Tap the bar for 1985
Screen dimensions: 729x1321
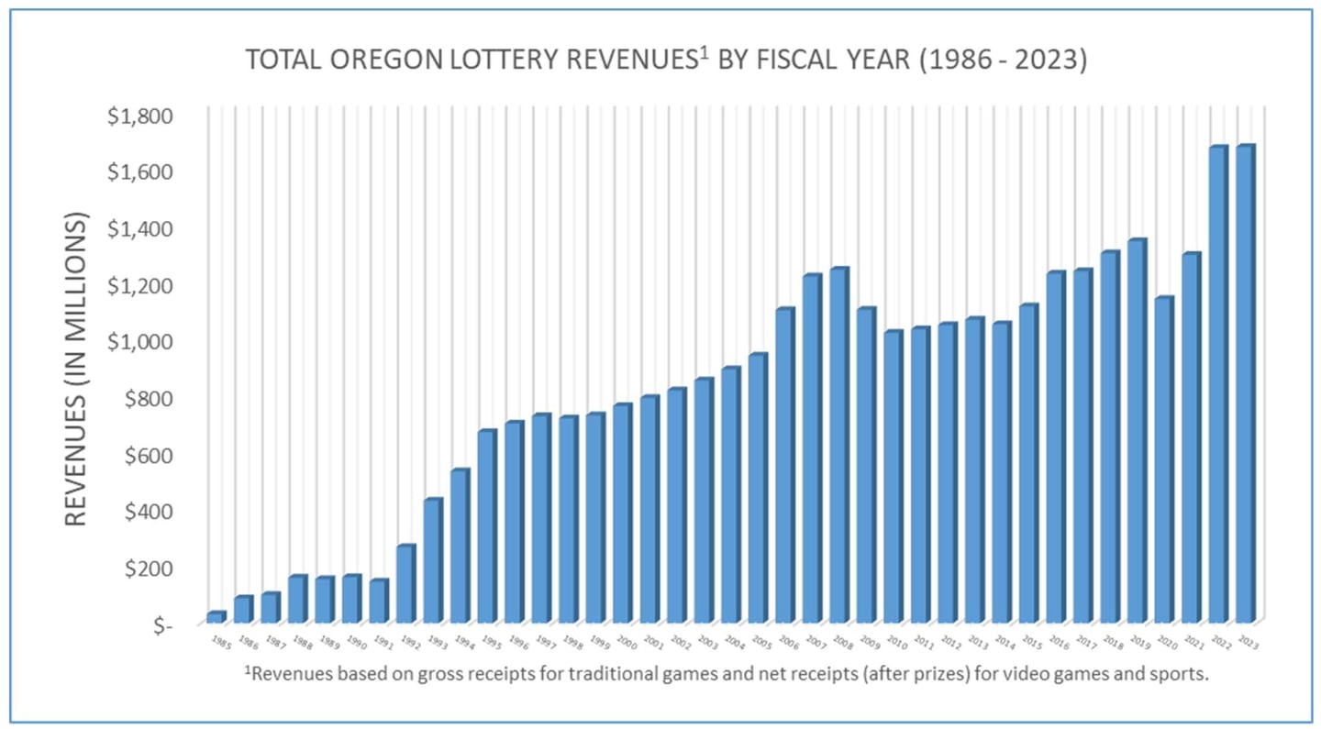[216, 617]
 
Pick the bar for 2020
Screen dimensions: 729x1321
[1162, 459]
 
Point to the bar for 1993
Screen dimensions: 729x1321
[405, 560]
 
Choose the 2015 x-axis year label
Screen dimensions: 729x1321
[1032, 642]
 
